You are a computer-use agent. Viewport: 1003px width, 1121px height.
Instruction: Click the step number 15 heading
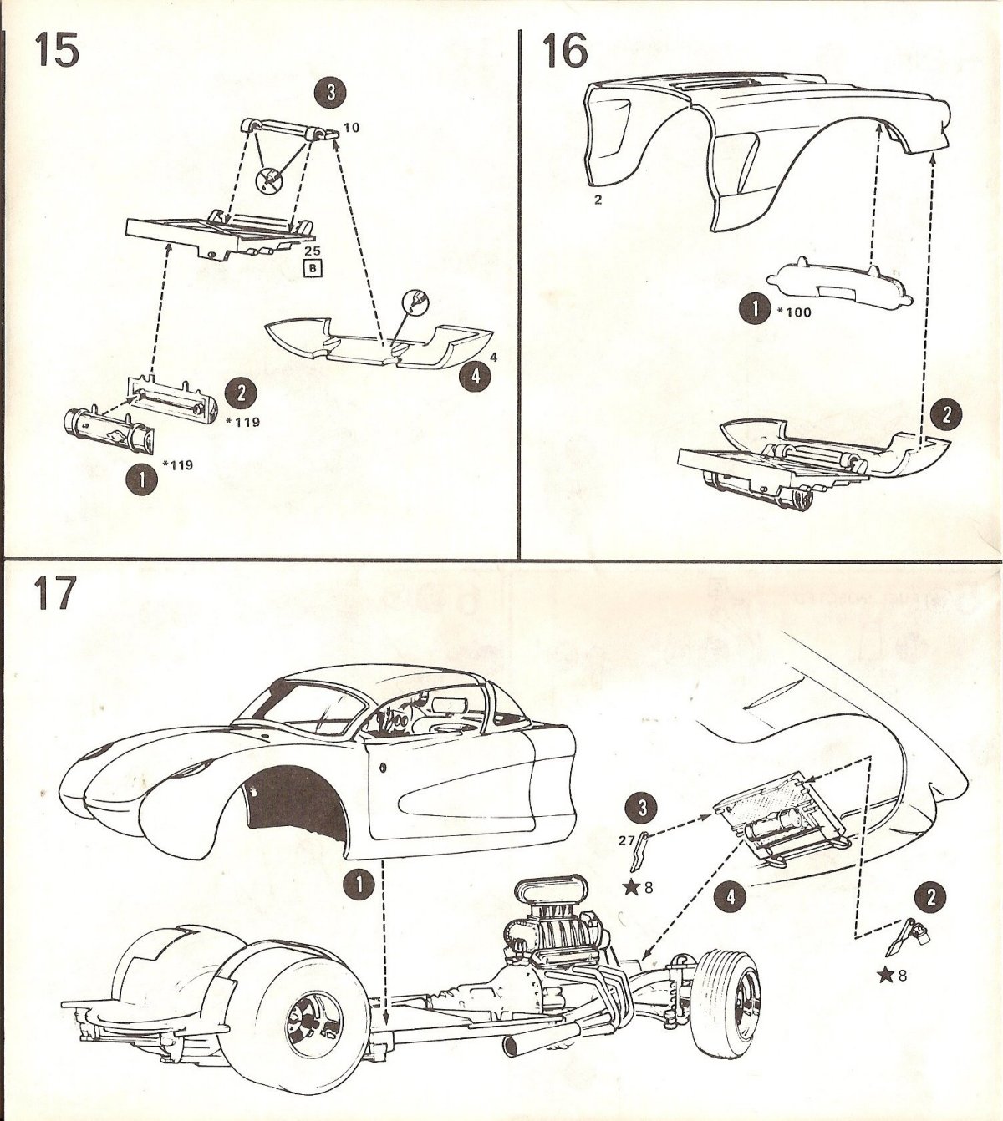click(57, 51)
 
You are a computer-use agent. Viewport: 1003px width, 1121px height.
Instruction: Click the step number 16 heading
click(565, 51)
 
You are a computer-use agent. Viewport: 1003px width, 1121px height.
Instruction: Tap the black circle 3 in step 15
click(331, 94)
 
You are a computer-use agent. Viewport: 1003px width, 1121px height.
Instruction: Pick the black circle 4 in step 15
click(475, 376)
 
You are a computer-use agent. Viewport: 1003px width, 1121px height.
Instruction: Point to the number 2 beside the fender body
click(598, 200)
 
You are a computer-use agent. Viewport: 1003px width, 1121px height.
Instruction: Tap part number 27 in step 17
click(627, 841)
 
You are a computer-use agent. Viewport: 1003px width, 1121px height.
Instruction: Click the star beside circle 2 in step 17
click(886, 975)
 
